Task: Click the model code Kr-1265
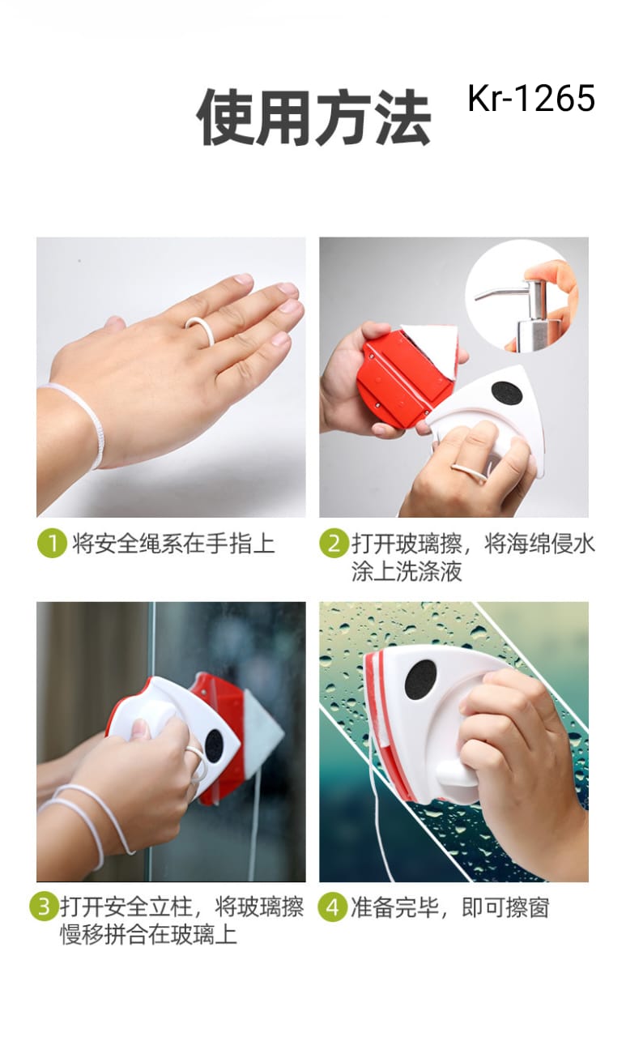(x=531, y=98)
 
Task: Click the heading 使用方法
(x=313, y=117)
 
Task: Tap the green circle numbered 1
(x=52, y=543)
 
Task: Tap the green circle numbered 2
(x=334, y=543)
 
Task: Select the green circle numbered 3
(x=44, y=906)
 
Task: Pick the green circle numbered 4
(x=333, y=907)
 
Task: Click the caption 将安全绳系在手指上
(x=173, y=544)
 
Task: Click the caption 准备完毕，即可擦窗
(x=450, y=907)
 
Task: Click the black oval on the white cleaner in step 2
(x=507, y=396)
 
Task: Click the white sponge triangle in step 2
(x=432, y=342)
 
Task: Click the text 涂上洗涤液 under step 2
(x=407, y=572)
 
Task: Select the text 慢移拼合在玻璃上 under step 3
(x=148, y=935)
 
